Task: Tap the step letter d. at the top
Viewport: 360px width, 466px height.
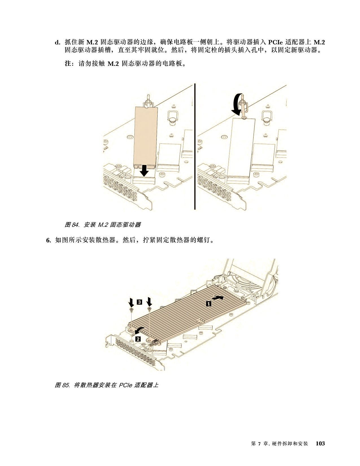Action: point(58,42)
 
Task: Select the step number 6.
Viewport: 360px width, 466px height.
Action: point(49,240)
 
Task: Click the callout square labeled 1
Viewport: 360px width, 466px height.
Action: point(208,303)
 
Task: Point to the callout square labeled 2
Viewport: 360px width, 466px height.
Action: point(138,339)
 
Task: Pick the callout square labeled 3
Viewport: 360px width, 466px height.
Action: point(139,302)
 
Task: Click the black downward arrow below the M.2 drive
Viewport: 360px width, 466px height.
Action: point(144,171)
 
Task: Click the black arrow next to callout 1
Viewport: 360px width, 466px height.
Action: point(218,298)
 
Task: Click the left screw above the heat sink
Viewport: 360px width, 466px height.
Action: point(132,309)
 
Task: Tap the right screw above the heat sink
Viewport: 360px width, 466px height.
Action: point(149,308)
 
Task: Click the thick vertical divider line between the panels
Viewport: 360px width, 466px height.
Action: point(195,147)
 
